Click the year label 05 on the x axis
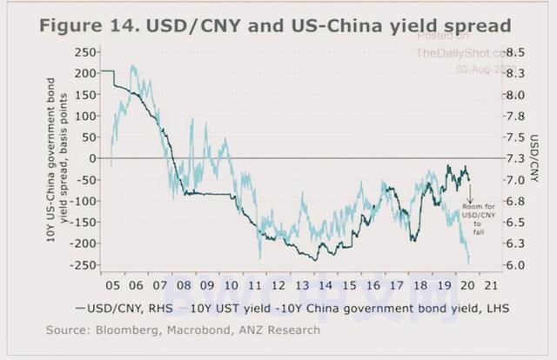pos(112,283)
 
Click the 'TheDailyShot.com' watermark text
pos(466,53)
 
